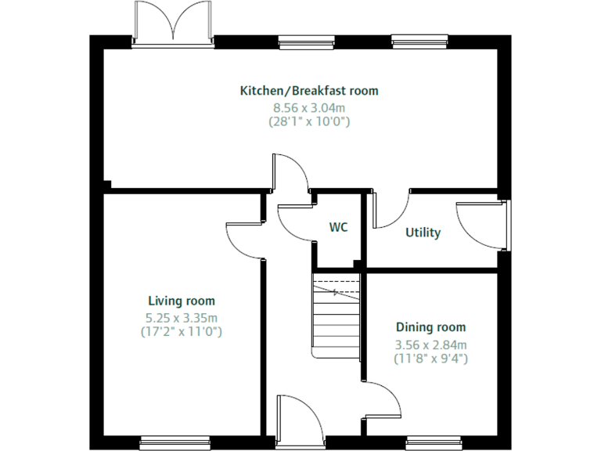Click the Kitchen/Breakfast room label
(308, 91)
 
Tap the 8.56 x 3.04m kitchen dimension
(308, 107)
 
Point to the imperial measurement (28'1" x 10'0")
(308, 121)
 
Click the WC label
(338, 227)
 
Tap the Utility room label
(423, 233)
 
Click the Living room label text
(182, 301)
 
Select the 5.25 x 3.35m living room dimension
(182, 317)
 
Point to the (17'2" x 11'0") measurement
(182, 331)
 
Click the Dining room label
(430, 327)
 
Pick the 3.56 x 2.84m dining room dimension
(430, 345)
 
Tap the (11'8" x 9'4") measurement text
(430, 359)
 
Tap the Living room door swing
(244, 235)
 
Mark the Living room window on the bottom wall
(175, 441)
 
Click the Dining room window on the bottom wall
(432, 441)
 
